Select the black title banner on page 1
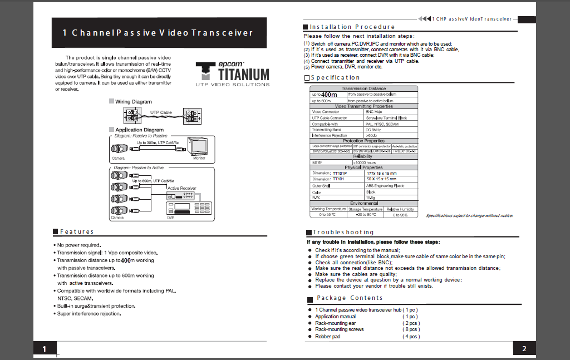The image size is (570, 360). click(158, 32)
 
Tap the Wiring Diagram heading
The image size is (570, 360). click(133, 102)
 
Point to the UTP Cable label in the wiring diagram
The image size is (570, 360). click(161, 112)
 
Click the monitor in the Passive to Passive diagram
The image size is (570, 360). click(199, 146)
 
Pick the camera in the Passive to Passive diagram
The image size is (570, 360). click(120, 149)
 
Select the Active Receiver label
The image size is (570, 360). click(181, 188)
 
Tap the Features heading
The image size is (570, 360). click(77, 231)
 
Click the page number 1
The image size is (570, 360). click(44, 348)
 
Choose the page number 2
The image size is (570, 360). click(524, 348)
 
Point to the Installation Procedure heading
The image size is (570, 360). click(352, 27)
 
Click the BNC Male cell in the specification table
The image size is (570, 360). click(374, 112)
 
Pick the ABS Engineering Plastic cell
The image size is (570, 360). click(385, 186)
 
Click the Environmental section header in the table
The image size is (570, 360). click(363, 204)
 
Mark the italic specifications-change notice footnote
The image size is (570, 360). click(469, 216)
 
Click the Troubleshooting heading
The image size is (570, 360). click(343, 232)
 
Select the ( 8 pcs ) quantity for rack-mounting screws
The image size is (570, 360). click(411, 329)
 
